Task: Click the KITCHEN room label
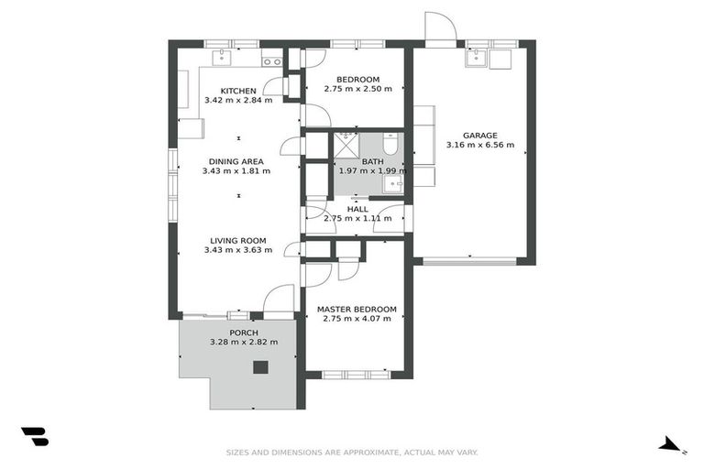point(237,90)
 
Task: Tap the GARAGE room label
point(479,135)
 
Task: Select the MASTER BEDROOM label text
point(357,310)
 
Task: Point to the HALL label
point(357,209)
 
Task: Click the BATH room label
point(372,161)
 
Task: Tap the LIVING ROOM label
point(235,241)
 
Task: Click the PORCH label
point(244,333)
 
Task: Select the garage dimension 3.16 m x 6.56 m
point(479,145)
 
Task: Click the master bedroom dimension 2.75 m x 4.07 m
point(357,320)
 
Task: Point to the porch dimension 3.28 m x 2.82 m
point(244,342)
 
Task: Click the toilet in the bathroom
point(390,144)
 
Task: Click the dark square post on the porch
point(260,367)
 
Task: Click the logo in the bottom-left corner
point(34,437)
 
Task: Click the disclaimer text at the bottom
point(352,452)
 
